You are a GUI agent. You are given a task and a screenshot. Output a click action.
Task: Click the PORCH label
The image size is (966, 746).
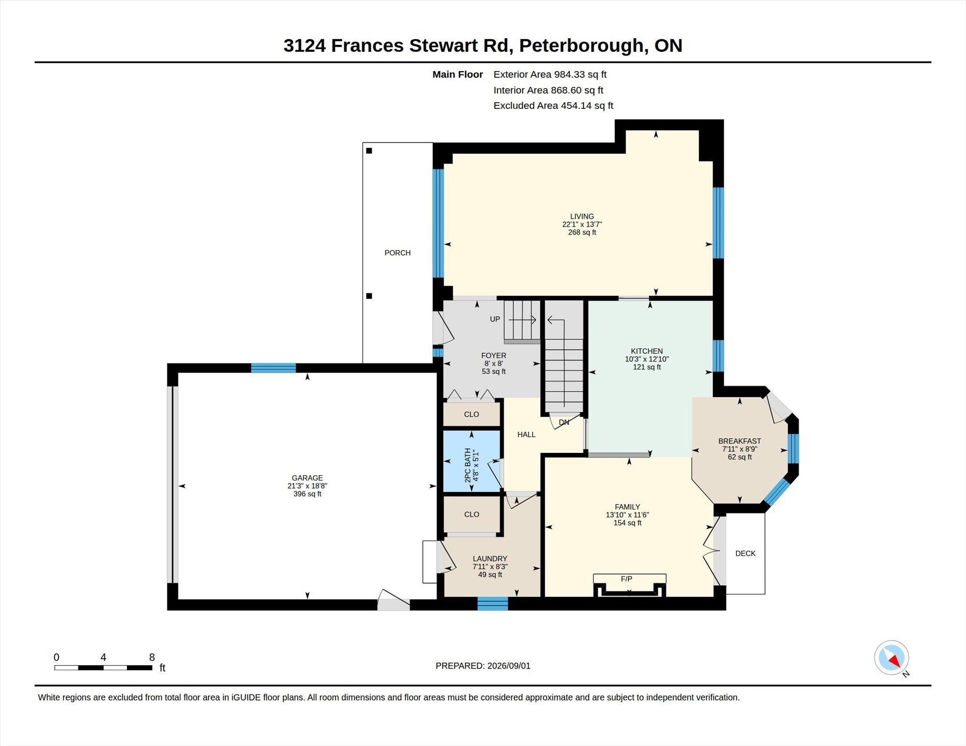pos(397,253)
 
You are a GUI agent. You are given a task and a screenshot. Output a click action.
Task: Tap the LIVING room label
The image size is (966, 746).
pos(582,217)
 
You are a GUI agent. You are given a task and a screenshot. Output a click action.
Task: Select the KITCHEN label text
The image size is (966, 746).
pos(647,351)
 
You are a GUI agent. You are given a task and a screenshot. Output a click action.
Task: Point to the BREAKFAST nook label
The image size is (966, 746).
pos(740,441)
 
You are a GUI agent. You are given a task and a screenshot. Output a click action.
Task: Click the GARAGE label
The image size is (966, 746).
pos(307,478)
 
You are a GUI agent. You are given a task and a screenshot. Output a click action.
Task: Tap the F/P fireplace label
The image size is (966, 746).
pos(626,579)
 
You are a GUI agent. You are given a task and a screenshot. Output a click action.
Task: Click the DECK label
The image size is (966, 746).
pos(745,553)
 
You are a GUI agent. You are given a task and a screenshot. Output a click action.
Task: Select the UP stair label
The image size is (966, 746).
pos(495,319)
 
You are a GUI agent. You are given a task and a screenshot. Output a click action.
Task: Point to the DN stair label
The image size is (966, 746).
pos(564,422)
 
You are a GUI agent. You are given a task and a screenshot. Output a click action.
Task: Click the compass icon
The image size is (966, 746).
pos(891,657)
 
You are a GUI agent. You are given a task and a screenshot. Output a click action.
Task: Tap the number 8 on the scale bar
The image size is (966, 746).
pos(152,657)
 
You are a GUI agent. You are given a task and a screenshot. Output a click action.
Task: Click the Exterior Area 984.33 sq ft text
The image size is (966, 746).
pos(550,74)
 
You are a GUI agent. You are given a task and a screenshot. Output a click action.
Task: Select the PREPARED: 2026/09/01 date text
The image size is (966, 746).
pos(483,666)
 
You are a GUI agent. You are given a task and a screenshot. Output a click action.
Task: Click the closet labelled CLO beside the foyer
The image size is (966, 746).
pos(472,414)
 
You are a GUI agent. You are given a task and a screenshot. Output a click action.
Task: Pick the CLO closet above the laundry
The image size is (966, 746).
pos(472,514)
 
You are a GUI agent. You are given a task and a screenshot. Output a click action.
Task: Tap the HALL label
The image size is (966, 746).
pos(526,434)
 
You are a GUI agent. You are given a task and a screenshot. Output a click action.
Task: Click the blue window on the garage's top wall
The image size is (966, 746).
pos(274,368)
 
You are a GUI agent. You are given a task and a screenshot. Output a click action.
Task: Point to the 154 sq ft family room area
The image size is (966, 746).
pos(627,523)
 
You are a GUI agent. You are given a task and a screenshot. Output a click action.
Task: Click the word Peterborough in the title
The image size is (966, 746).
pos(582,46)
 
